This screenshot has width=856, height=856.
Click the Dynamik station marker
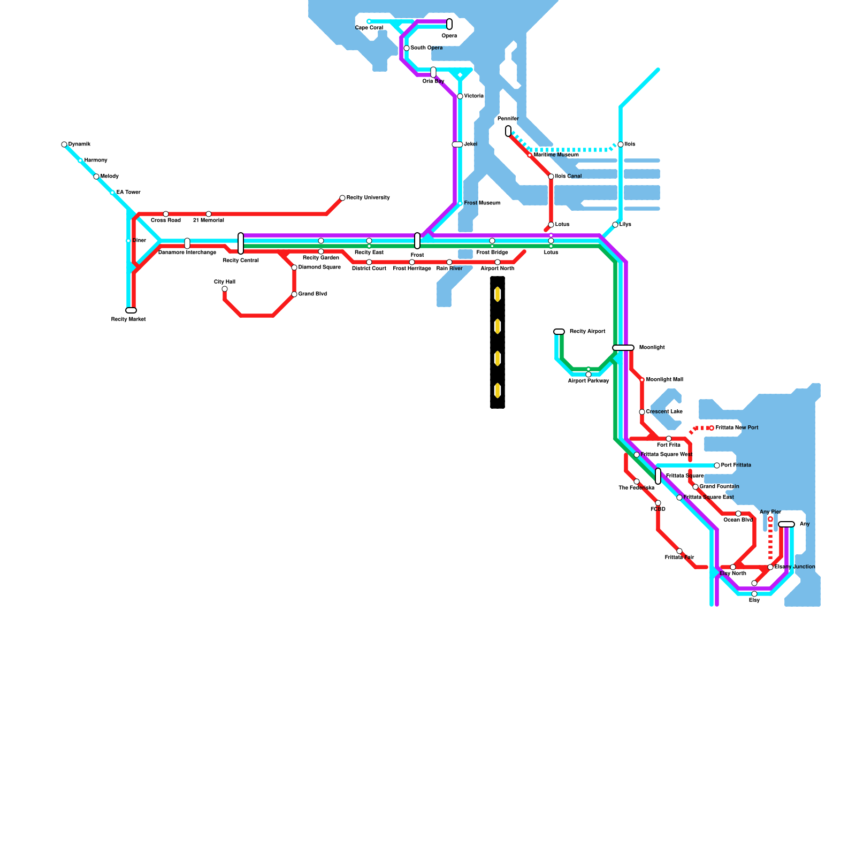(x=64, y=144)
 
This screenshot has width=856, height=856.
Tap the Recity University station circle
(x=342, y=198)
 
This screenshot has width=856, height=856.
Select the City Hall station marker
(x=225, y=289)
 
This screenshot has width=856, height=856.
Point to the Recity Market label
(x=128, y=319)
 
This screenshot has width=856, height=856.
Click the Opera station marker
(x=449, y=24)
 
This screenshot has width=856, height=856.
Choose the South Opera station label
(x=426, y=48)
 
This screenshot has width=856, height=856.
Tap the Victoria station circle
(x=460, y=96)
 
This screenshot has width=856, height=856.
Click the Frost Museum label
(x=482, y=203)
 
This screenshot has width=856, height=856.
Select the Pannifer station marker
(x=508, y=131)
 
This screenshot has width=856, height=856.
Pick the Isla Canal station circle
(x=551, y=177)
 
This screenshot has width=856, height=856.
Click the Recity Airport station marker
(x=559, y=332)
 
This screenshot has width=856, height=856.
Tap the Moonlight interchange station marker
(x=623, y=348)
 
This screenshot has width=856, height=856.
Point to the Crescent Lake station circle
(x=642, y=412)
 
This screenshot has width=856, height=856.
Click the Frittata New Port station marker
(x=712, y=428)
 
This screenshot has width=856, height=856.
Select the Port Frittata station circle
(x=717, y=465)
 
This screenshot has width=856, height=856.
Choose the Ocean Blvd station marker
(x=738, y=514)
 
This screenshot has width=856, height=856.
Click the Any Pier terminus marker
(x=770, y=519)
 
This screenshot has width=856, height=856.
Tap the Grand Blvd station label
(x=312, y=294)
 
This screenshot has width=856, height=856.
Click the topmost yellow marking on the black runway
(x=498, y=294)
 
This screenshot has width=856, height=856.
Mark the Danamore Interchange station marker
(x=187, y=243)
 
